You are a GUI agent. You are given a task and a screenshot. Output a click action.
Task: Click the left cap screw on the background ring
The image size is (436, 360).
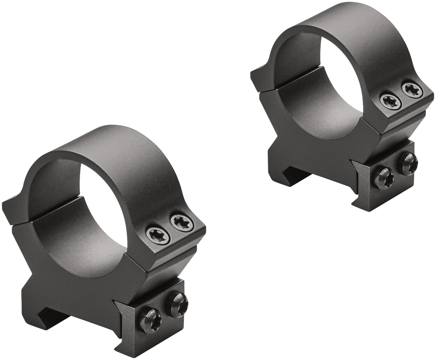click(388, 100)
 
